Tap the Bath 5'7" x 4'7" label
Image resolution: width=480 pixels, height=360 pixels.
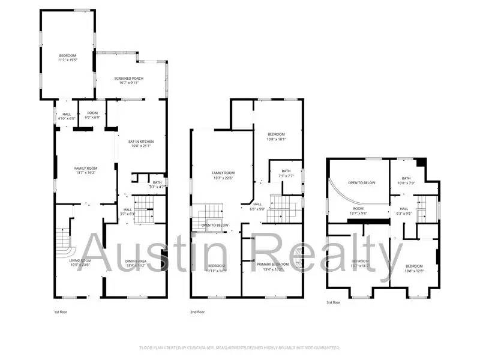157,185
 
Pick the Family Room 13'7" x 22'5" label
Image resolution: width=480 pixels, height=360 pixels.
221,175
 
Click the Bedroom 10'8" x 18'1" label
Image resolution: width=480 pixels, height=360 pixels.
276,136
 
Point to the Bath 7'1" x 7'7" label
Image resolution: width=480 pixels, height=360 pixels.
286,173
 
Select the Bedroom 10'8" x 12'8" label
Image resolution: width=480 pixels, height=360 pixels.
413,268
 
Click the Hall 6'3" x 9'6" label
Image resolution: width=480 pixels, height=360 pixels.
404,211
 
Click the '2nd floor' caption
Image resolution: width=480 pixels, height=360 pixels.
197,312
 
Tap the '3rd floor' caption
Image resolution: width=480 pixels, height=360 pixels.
333,302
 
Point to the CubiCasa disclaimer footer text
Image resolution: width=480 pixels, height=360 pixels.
240,347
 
